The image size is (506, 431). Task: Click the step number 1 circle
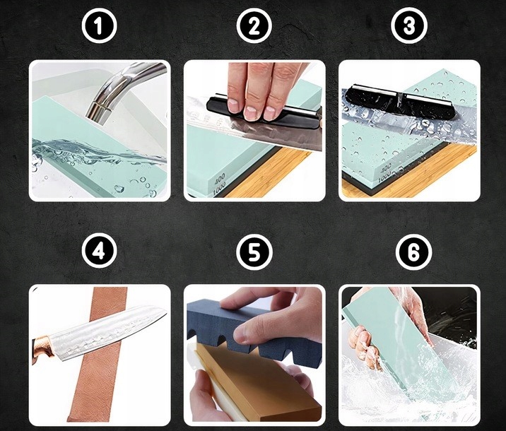tap(99, 26)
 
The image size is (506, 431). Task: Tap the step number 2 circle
tap(254, 26)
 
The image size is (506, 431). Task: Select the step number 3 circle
tap(409, 26)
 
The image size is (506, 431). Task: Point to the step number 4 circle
tap(99, 251)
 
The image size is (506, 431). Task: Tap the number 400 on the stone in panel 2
tap(220, 179)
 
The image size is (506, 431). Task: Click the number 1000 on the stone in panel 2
tap(220, 189)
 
